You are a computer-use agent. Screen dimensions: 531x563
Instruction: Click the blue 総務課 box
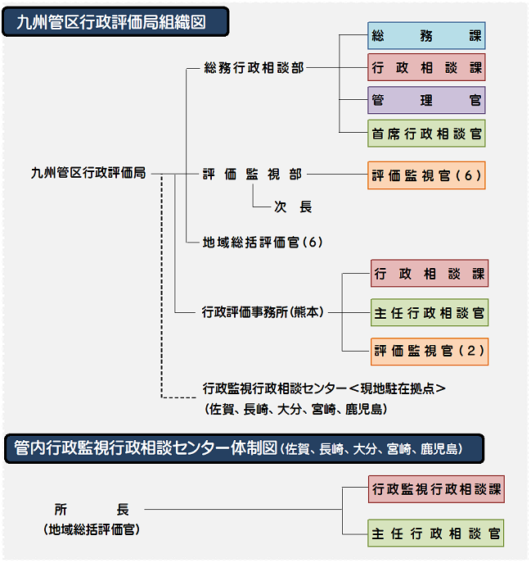(426, 36)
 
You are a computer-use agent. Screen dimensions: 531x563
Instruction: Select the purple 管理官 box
(426, 100)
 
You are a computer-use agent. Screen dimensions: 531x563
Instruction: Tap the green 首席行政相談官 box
(426, 134)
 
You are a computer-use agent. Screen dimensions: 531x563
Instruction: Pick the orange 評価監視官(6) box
(426, 175)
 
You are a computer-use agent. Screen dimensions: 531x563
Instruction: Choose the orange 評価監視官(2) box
(430, 352)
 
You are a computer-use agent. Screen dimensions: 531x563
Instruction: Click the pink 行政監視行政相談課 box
(436, 489)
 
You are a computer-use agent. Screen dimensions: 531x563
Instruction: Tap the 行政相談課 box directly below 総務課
(426, 67)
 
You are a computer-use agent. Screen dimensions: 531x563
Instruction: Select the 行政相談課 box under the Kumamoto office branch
(430, 274)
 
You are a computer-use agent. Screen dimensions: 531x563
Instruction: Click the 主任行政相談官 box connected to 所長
(435, 533)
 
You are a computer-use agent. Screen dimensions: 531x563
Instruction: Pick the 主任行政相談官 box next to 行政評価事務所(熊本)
(430, 313)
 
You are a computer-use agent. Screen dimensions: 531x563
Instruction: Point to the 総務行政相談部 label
(254, 68)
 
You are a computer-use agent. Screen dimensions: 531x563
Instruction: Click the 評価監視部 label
(253, 175)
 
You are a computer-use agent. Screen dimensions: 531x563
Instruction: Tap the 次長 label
(293, 207)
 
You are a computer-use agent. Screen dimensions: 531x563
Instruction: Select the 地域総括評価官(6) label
(263, 243)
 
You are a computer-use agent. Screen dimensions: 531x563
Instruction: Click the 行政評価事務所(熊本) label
(263, 312)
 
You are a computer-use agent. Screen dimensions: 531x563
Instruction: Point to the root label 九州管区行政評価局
(88, 173)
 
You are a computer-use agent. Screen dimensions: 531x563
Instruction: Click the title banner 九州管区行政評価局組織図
(115, 22)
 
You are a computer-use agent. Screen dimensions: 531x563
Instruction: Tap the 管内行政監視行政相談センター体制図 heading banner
(244, 449)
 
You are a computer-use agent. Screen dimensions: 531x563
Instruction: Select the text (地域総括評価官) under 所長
(92, 529)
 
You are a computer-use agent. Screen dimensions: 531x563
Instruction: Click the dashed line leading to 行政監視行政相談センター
(162, 286)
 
